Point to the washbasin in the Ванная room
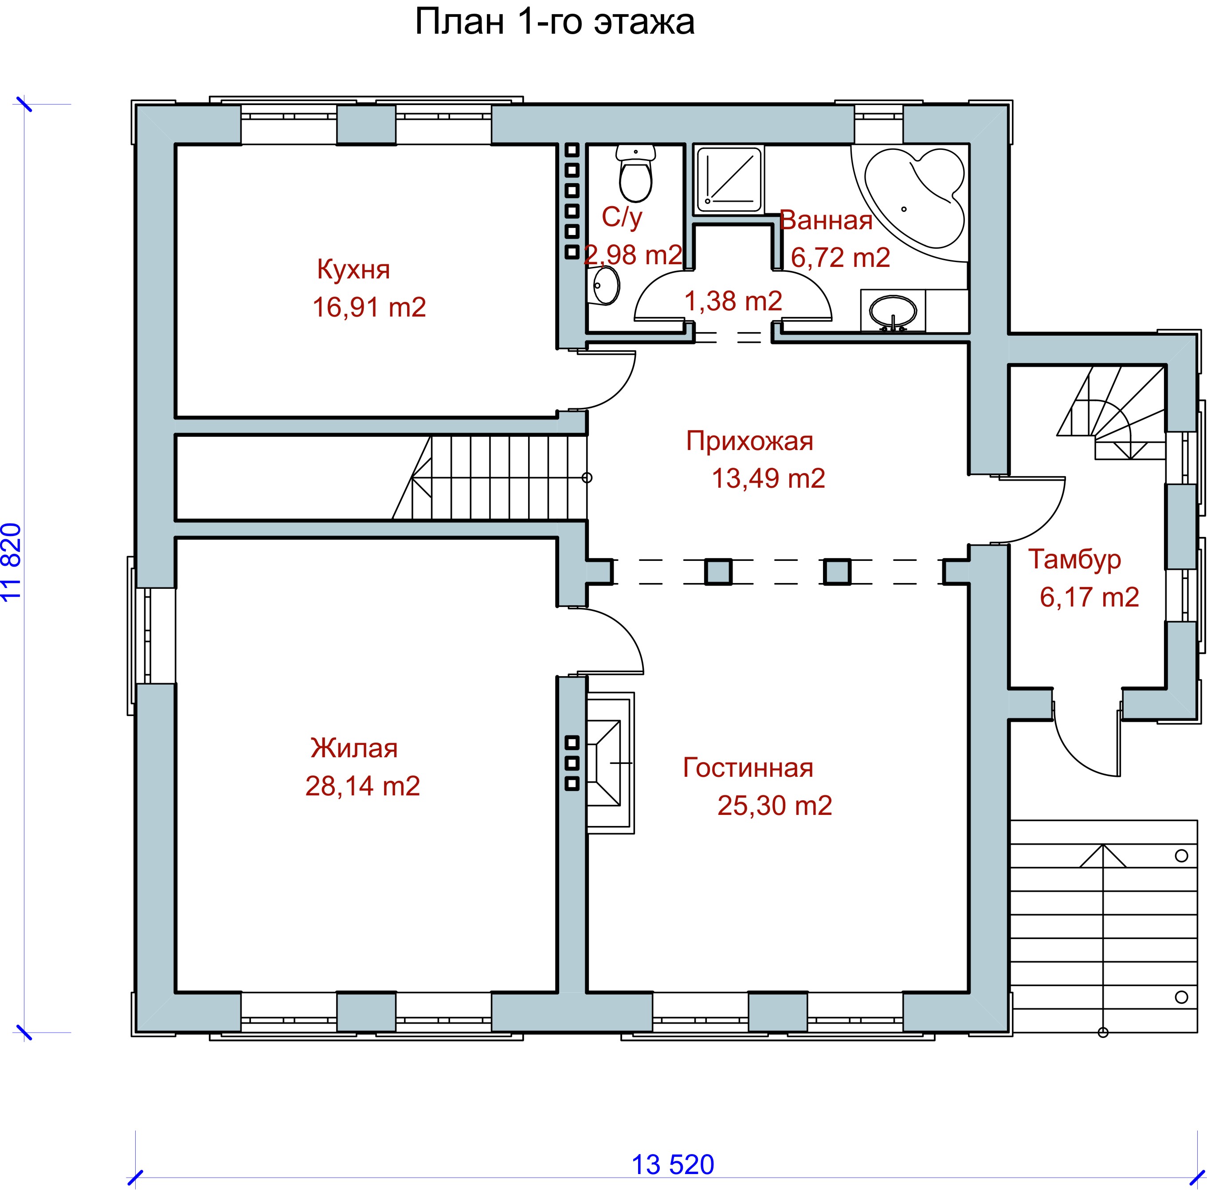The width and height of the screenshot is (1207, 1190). pos(893,310)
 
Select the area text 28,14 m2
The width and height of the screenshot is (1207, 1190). pos(362,786)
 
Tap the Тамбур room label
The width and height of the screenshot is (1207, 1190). pos(1074,559)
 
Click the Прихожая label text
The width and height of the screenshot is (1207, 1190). pos(750,441)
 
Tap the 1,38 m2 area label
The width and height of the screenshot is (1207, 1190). pos(733,301)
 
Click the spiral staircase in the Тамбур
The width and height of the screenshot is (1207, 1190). pos(1112,412)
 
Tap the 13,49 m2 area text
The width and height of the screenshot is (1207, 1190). pos(768,478)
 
